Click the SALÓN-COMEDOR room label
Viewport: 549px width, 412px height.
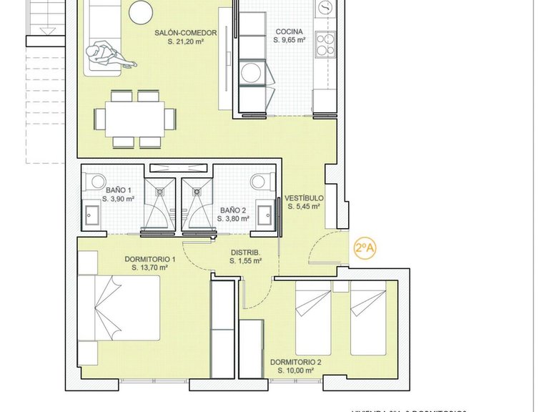pyautogui.click(x=182, y=32)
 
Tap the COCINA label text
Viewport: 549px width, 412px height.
pyautogui.click(x=290, y=31)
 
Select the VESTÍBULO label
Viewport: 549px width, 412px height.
pyautogui.click(x=304, y=197)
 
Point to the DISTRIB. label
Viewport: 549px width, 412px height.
pyautogui.click(x=244, y=252)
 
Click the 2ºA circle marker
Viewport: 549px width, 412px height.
pyautogui.click(x=365, y=248)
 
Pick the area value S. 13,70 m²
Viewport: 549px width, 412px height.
pyautogui.click(x=149, y=268)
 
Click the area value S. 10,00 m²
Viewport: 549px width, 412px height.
pyautogui.click(x=295, y=371)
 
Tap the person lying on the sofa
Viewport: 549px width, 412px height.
pyautogui.click(x=104, y=56)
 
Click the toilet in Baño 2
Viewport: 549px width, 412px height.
pyautogui.click(x=260, y=182)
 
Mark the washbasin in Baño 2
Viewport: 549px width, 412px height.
pyautogui.click(x=265, y=213)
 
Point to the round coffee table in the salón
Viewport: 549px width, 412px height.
pyautogui.click(x=140, y=11)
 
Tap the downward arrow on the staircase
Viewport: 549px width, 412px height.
pyautogui.click(x=47, y=29)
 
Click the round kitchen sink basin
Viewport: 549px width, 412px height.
pyautogui.click(x=325, y=8)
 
